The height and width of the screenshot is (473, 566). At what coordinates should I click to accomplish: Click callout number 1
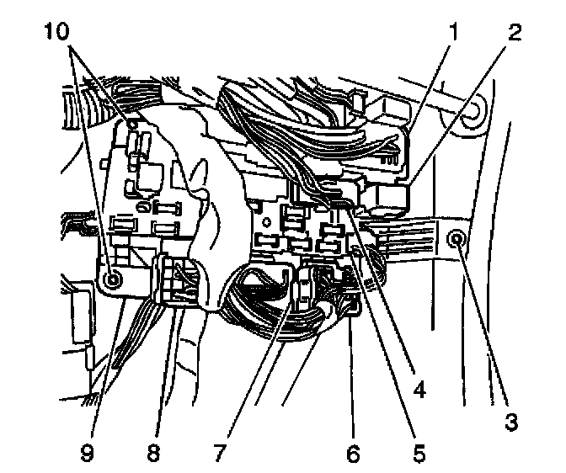[x=453, y=35]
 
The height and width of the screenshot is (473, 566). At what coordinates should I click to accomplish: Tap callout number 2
[x=514, y=35]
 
